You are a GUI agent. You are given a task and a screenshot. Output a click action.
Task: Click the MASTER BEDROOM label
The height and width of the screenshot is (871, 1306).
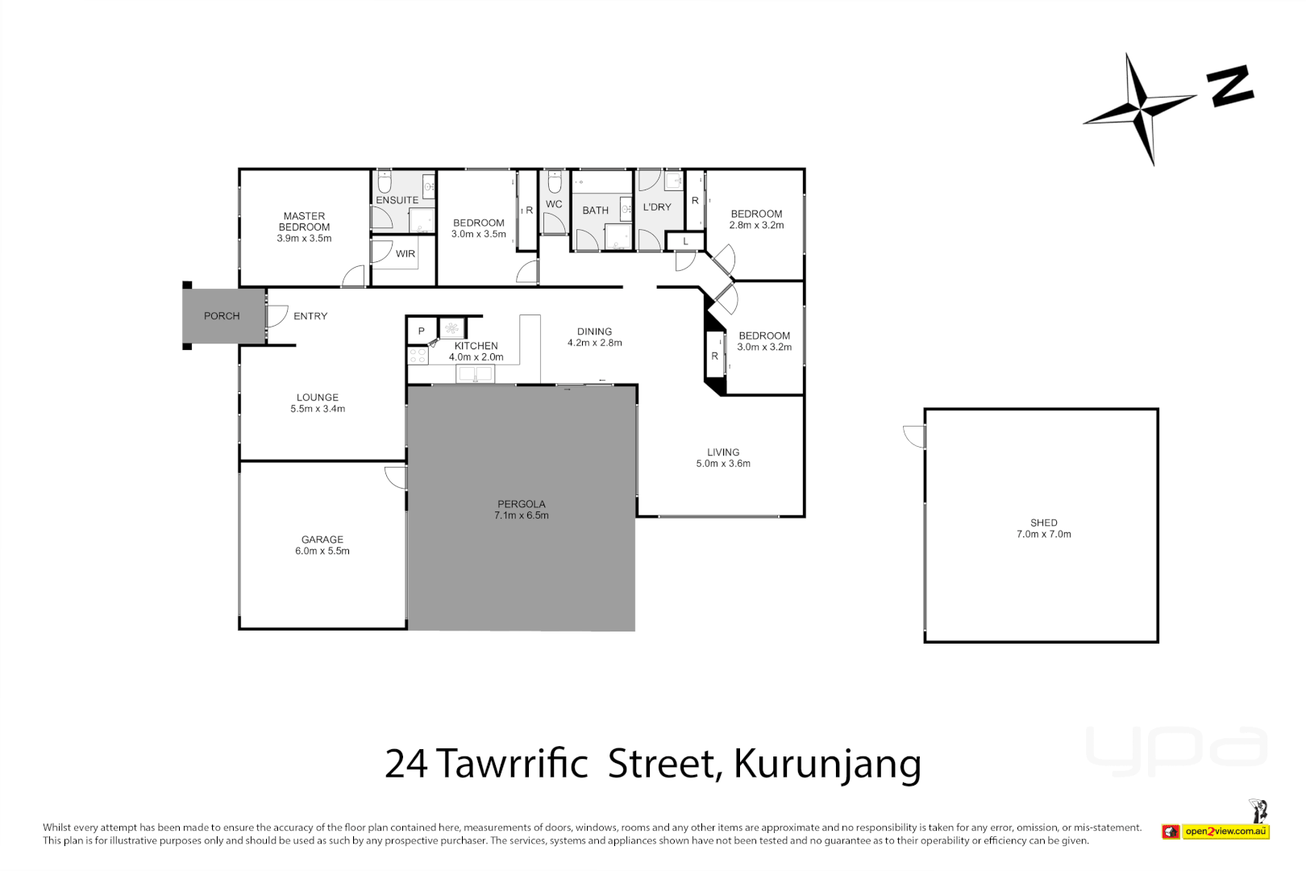coord(304,222)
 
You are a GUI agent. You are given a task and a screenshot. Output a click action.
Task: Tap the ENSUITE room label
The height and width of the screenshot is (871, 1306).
coord(397,200)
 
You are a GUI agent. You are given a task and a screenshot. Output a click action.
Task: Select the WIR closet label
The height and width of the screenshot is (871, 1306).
coord(406,254)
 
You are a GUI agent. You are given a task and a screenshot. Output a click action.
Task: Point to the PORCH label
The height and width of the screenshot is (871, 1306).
coord(222,316)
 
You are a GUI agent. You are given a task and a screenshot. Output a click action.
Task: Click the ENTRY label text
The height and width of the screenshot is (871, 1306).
coord(310,316)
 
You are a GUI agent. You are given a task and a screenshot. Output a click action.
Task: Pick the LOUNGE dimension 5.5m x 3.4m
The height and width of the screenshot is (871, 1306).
coord(318,409)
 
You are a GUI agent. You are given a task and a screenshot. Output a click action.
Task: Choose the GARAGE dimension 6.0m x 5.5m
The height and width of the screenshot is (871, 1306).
coord(322,551)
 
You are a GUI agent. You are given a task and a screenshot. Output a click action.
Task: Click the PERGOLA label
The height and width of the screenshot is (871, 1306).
coord(522,504)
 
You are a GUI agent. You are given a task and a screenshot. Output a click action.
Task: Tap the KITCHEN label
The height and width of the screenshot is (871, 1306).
coord(476,346)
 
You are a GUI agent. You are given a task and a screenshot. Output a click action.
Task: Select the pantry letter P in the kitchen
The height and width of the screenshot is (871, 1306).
coord(421,331)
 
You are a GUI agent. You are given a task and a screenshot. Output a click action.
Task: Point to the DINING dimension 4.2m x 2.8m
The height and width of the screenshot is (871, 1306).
coord(595,343)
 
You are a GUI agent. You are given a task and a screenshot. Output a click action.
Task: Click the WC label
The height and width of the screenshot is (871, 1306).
coord(554,204)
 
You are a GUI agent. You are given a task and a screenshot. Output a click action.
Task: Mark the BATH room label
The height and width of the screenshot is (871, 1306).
coord(596,210)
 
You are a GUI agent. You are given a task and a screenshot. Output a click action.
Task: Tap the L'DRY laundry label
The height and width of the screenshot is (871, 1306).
coord(657,207)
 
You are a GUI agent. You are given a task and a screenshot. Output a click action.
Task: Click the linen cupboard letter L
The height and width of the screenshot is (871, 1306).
coord(685,241)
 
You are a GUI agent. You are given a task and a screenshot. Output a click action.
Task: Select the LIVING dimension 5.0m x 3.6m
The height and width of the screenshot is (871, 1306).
coord(723,464)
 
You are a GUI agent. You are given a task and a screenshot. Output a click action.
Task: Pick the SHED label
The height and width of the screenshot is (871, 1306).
coord(1044,523)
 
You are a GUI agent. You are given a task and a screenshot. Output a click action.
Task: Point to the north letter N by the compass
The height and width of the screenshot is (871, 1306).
coord(1229,86)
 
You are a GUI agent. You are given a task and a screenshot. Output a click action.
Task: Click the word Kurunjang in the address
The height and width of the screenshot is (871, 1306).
coord(827,765)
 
